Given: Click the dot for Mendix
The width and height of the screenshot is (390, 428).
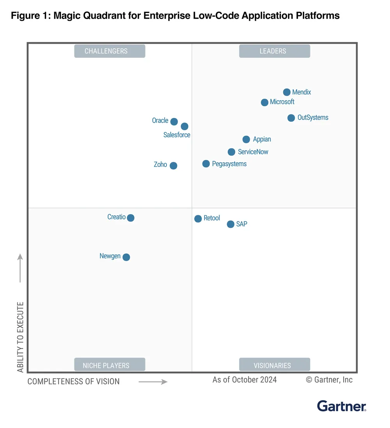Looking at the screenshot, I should [x=287, y=92].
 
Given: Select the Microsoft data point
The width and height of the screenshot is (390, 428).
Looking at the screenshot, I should [x=264, y=102].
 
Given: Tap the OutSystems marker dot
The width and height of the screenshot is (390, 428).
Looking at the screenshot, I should [x=291, y=118].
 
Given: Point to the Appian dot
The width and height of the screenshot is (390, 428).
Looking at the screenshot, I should [x=246, y=139].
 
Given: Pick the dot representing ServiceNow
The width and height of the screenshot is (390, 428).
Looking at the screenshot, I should [x=231, y=152].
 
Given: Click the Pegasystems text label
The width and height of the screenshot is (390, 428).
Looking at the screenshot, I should [x=229, y=164].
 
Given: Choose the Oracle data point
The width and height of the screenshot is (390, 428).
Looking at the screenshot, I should [x=174, y=121].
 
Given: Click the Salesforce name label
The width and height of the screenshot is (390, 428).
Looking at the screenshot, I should [x=177, y=135].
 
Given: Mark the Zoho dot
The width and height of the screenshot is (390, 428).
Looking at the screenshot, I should [x=173, y=165].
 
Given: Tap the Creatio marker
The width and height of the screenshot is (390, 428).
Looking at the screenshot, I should [x=131, y=218].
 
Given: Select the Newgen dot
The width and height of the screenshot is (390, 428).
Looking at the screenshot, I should [x=126, y=257].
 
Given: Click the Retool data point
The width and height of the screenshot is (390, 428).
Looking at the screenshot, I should [x=198, y=218].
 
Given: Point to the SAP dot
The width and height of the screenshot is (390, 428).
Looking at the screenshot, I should [x=230, y=224].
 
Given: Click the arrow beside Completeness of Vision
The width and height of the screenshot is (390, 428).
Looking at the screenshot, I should [x=153, y=382].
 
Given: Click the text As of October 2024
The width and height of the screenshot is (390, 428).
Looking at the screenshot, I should [x=245, y=380].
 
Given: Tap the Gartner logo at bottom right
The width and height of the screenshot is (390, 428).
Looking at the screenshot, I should [x=342, y=406].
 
